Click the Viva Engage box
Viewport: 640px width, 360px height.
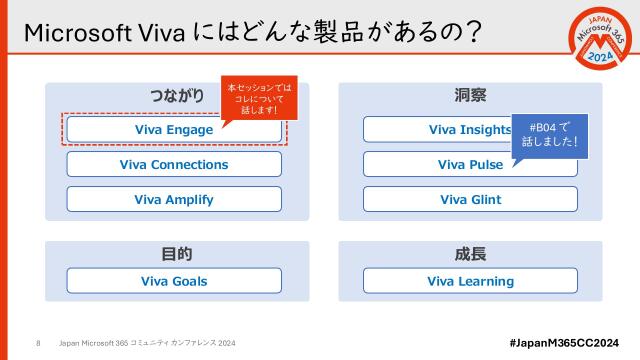pyautogui.click(x=174, y=130)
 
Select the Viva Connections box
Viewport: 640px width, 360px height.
pyautogui.click(x=174, y=165)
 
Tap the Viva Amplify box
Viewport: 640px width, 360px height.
pyautogui.click(x=174, y=199)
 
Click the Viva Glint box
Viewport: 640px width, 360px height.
pyautogui.click(x=470, y=199)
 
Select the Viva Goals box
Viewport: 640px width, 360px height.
pyautogui.click(x=174, y=281)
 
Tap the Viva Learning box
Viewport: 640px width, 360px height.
pyautogui.click(x=470, y=281)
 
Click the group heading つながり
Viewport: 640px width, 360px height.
pyautogui.click(x=176, y=96)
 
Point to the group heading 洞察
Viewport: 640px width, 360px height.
pyautogui.click(x=470, y=96)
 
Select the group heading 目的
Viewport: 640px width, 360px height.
pyautogui.click(x=176, y=254)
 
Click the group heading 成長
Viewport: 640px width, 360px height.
pyautogui.click(x=470, y=254)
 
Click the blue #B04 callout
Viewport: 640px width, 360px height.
pyautogui.click(x=548, y=135)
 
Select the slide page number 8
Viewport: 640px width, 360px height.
pyautogui.click(x=38, y=343)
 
